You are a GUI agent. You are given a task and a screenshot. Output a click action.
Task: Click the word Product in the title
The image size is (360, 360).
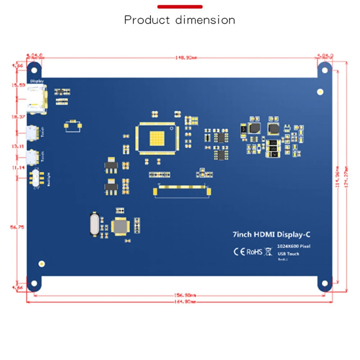(x=148, y=20)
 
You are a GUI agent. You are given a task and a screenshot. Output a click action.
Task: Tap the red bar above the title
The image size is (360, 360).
(x=180, y=7)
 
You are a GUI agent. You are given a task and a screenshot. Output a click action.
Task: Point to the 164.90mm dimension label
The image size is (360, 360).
(x=186, y=302)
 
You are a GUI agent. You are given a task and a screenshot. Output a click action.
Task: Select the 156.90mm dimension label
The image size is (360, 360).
(x=186, y=296)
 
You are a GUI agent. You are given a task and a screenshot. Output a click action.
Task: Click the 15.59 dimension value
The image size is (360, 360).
(x=18, y=85)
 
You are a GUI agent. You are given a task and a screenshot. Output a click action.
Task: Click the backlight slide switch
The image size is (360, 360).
(x=37, y=177)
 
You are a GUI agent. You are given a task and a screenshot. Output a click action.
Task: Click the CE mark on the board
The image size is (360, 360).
(x=239, y=251)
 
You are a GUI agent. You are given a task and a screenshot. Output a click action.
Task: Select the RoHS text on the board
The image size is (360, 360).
(x=254, y=252)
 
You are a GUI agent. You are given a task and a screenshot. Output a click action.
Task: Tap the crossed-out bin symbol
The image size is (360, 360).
(x=268, y=251)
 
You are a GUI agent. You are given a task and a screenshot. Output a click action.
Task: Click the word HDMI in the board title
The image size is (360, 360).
(x=265, y=235)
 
